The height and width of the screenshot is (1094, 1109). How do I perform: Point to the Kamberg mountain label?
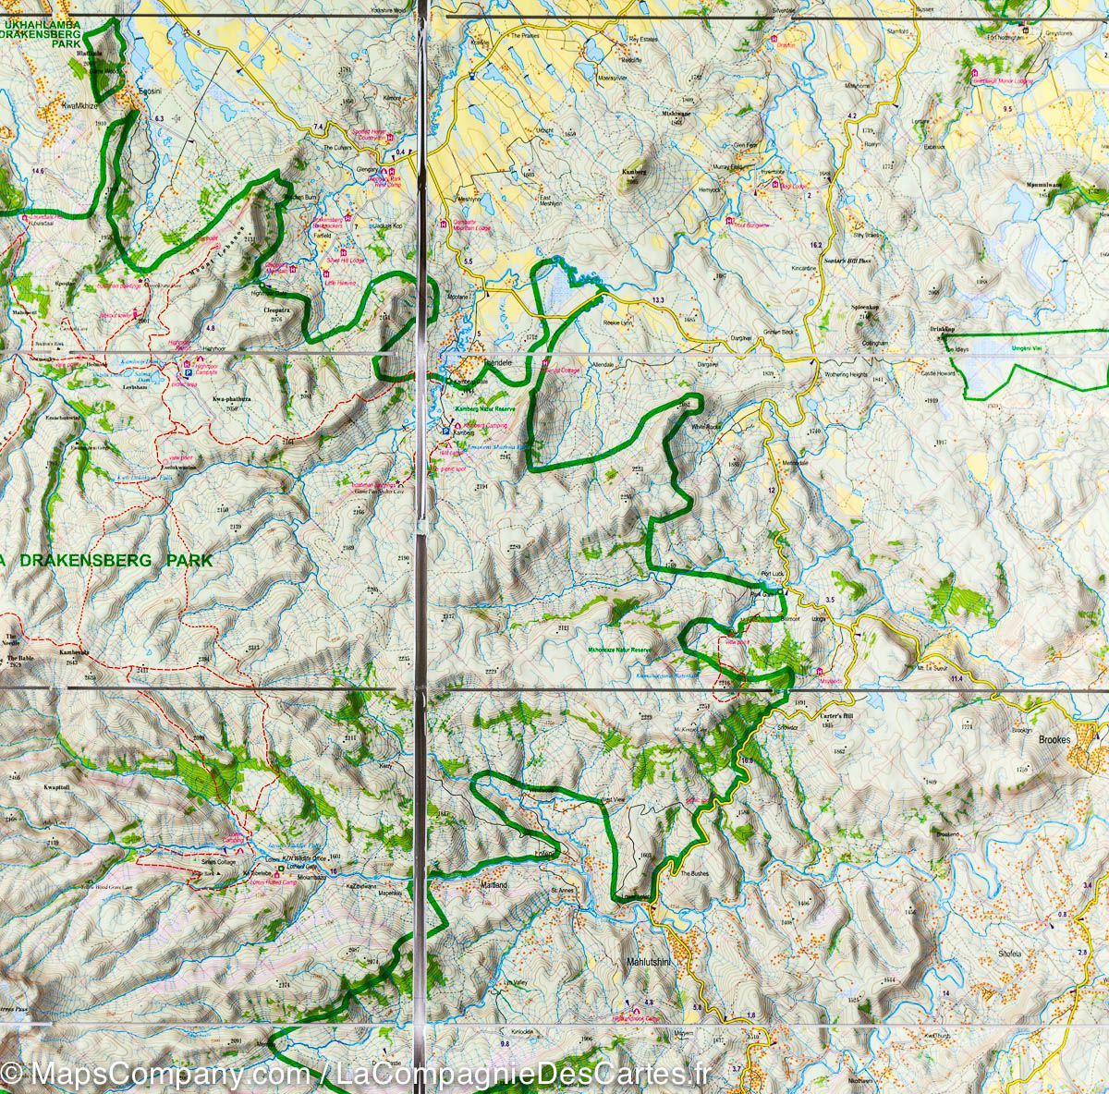tap(633, 172)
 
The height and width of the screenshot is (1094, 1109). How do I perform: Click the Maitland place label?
tap(495, 885)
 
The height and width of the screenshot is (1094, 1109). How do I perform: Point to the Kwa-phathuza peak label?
tap(231, 398)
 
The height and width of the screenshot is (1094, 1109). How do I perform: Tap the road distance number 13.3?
tap(657, 301)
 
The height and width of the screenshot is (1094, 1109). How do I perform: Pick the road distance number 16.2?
tap(815, 245)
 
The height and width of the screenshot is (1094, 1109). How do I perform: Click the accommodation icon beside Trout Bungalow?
tap(729, 222)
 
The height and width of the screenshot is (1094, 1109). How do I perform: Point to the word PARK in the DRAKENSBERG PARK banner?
tap(189, 560)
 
